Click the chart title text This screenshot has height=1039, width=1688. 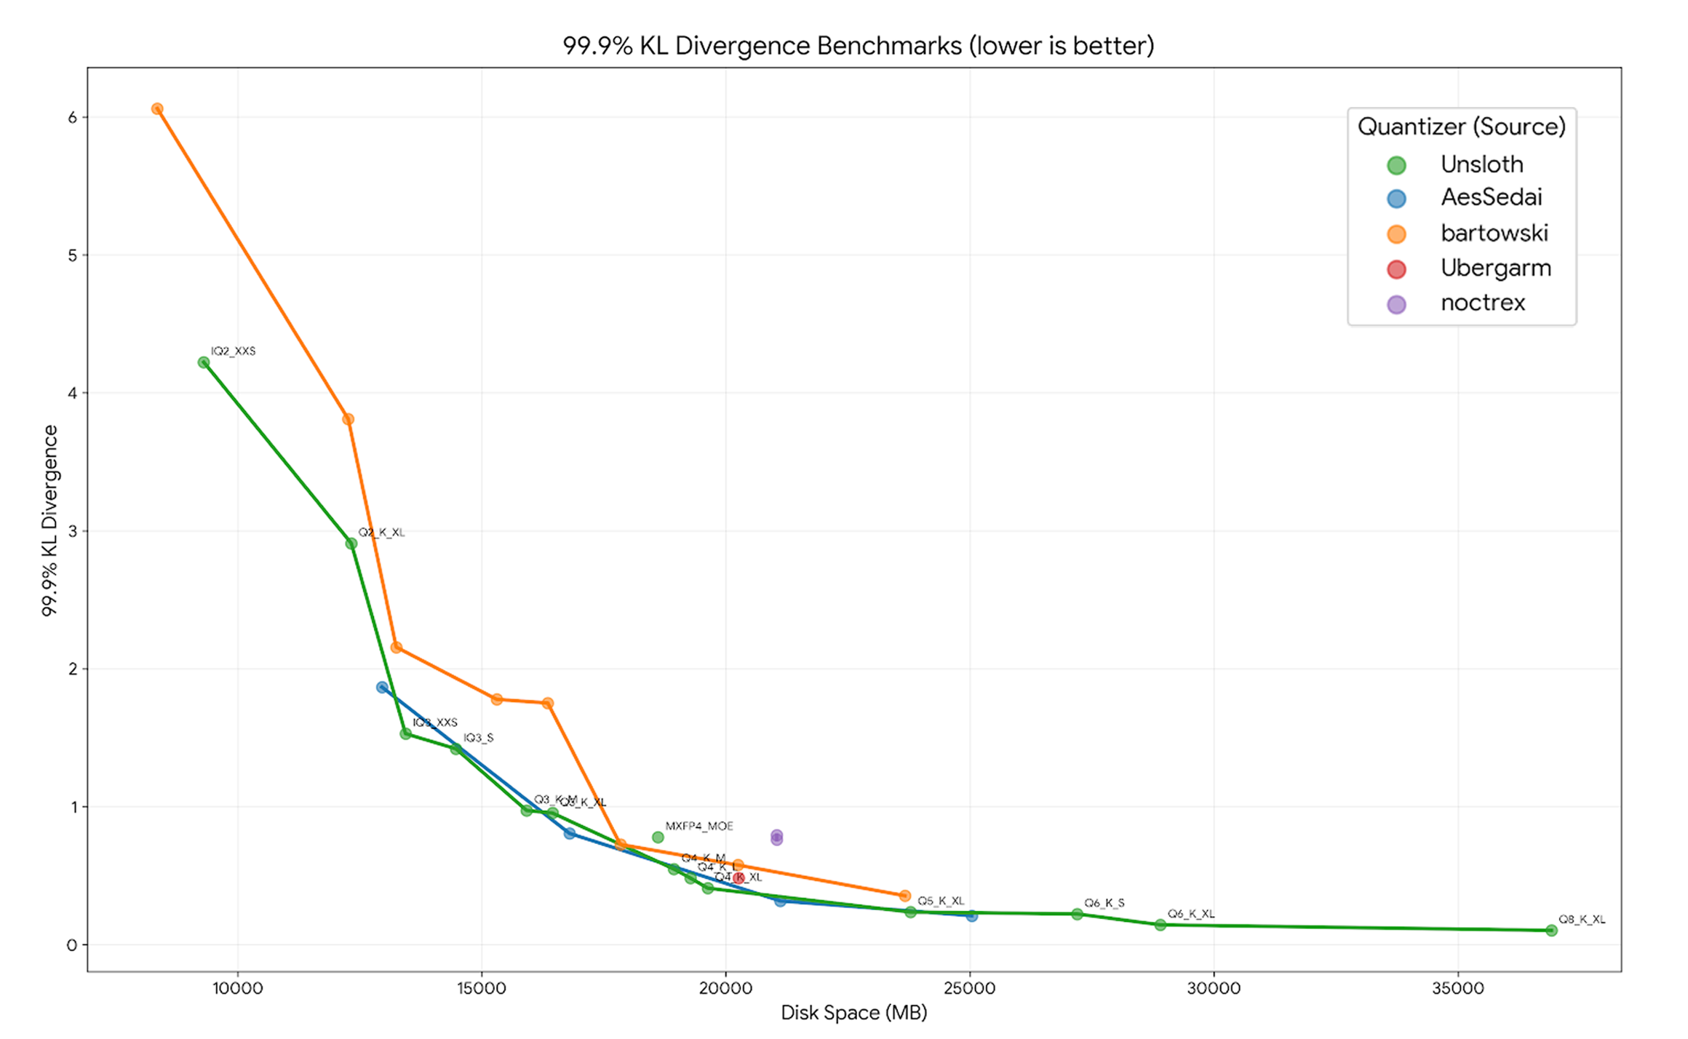tap(858, 46)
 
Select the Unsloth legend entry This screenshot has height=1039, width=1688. tap(1481, 164)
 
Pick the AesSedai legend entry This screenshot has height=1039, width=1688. tap(1491, 197)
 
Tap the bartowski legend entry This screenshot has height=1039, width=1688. tap(1494, 233)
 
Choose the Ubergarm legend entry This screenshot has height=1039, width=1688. tap(1495, 268)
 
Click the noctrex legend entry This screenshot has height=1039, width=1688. tap(1482, 303)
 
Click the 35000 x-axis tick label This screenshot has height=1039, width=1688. tap(1457, 988)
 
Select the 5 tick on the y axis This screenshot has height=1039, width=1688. tap(72, 255)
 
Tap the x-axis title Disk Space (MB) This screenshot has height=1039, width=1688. tap(853, 1012)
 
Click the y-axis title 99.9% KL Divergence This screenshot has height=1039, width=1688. tap(49, 520)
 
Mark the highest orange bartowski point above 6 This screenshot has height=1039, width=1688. tap(157, 109)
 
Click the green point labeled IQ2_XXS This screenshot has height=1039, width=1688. tap(204, 362)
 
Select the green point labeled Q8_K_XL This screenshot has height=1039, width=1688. tap(1551, 930)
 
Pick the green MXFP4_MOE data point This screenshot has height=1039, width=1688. tap(658, 837)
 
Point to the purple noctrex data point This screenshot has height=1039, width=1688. tap(776, 837)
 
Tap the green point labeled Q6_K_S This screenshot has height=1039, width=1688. tap(1077, 914)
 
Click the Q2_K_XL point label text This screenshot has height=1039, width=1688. tap(381, 533)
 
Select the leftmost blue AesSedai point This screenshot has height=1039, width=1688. tap(382, 688)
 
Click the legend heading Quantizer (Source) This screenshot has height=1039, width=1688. tap(1461, 127)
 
